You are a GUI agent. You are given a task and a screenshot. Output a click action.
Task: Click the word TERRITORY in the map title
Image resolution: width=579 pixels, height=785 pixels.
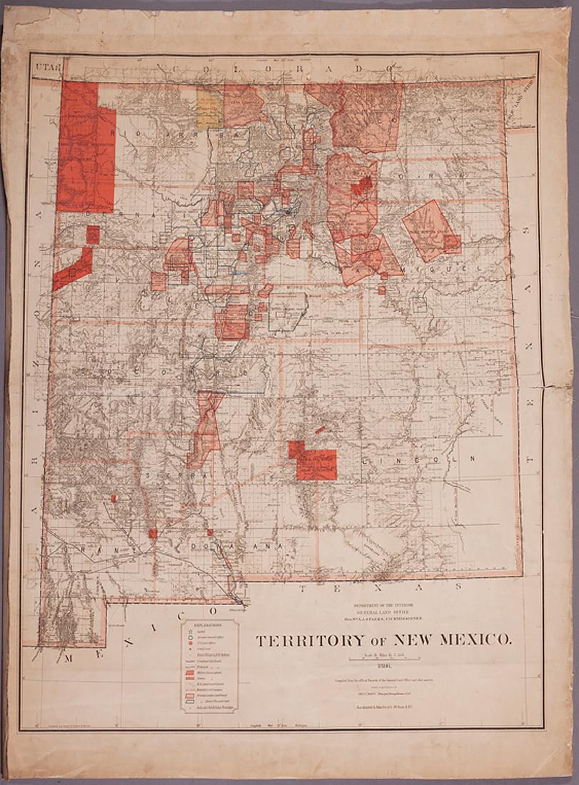(x=303, y=639)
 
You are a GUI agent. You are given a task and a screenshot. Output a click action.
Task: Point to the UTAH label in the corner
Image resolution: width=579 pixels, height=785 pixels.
(x=45, y=66)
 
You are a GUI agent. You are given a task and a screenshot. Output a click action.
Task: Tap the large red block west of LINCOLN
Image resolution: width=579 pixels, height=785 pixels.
(x=314, y=462)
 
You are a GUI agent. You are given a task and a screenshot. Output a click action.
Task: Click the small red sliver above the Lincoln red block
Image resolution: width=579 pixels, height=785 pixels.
(x=320, y=430)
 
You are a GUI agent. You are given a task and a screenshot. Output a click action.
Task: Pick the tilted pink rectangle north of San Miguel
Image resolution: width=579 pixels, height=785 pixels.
(x=431, y=230)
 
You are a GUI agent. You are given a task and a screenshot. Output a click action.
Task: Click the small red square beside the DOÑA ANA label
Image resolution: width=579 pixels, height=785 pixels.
(x=210, y=532)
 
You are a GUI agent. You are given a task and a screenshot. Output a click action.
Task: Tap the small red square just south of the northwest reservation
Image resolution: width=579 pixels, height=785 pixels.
(x=93, y=235)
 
